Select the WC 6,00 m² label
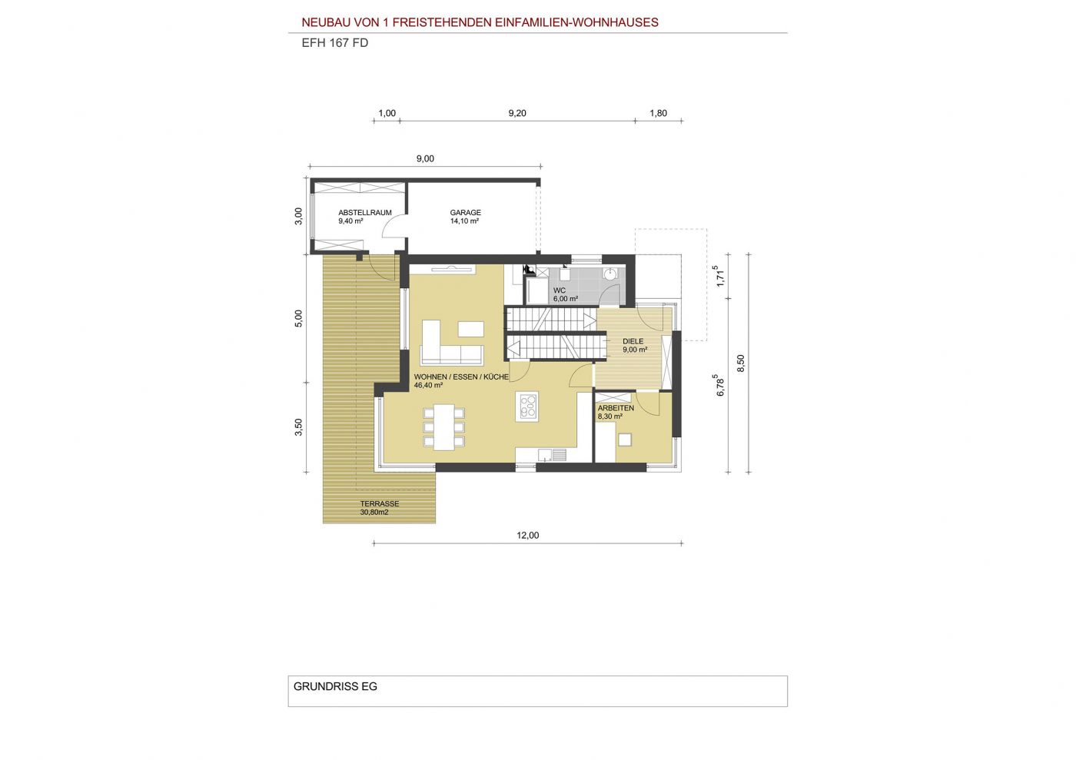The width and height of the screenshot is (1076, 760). [x=566, y=294]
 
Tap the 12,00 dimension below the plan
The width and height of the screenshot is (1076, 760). [x=527, y=535]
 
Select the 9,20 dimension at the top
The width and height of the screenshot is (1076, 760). [x=517, y=114]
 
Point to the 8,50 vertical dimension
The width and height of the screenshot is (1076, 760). [x=741, y=363]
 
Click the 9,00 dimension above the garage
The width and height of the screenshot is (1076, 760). [x=425, y=158]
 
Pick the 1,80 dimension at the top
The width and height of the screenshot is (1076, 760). [x=658, y=114]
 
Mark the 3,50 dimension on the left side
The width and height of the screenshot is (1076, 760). [x=299, y=427]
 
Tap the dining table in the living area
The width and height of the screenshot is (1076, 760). [x=444, y=427]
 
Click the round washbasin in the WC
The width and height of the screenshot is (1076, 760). [x=610, y=274]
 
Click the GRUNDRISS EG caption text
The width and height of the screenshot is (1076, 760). [x=335, y=686]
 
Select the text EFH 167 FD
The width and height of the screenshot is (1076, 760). [x=335, y=43]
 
